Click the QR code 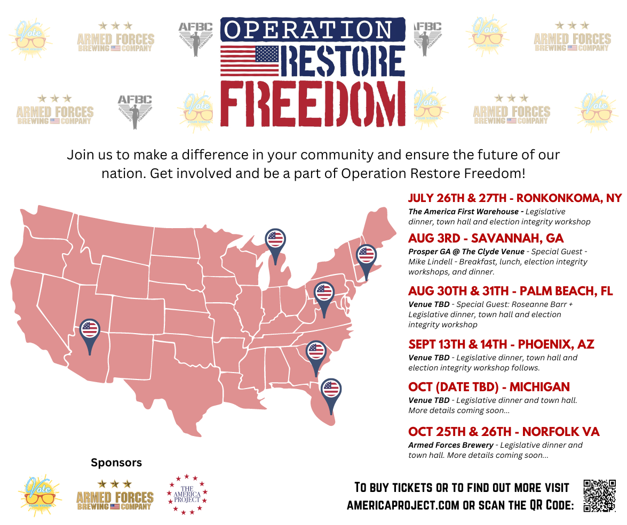click(x=600, y=496)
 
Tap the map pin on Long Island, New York click(x=366, y=256)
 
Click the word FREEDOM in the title click(x=312, y=105)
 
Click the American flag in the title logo click(x=250, y=60)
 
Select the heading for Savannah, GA click(x=486, y=238)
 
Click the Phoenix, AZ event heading click(x=501, y=344)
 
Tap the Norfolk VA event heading click(x=504, y=432)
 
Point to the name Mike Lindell click(x=430, y=262)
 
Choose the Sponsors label click(x=116, y=463)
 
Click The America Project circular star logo click(x=187, y=495)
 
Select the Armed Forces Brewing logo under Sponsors click(x=115, y=495)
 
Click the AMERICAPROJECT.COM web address click(x=403, y=505)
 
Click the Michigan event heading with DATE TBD click(x=489, y=387)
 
